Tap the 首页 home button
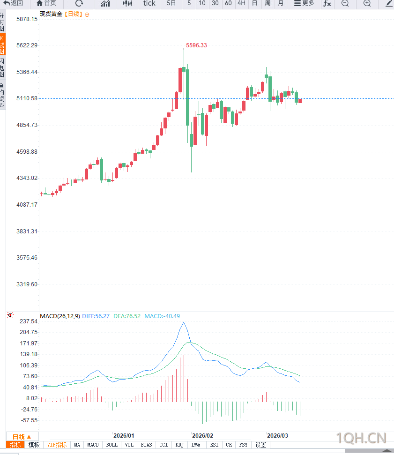click(x=46, y=3)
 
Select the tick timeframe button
click(x=149, y=3)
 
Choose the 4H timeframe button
click(x=241, y=3)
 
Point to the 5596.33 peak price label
click(x=196, y=45)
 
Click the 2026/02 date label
click(x=202, y=435)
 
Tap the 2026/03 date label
click(x=278, y=435)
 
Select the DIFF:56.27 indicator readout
click(x=96, y=316)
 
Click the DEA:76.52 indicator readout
click(x=127, y=316)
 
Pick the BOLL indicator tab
click(x=112, y=445)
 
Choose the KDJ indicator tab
click(x=179, y=445)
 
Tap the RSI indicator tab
click(x=214, y=445)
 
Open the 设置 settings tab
click(x=260, y=445)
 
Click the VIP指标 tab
click(x=57, y=445)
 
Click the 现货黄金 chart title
click(x=51, y=14)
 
